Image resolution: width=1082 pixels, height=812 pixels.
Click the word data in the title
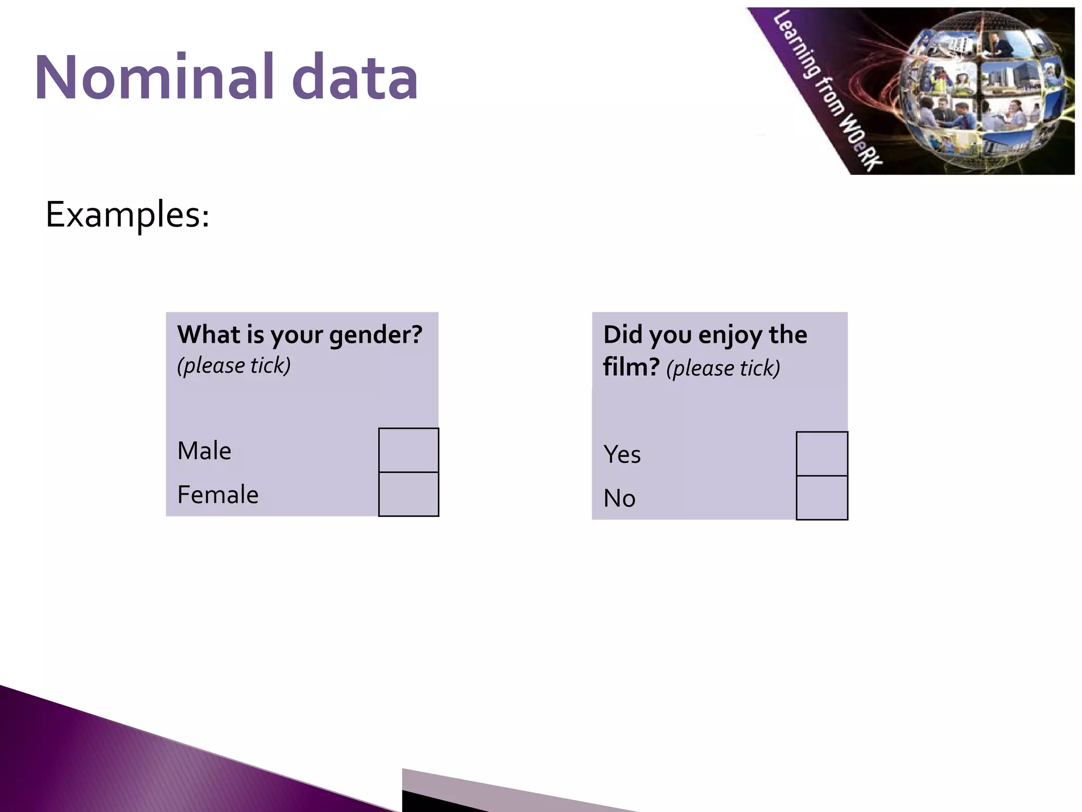[355, 77]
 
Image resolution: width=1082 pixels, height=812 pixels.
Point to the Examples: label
[127, 215]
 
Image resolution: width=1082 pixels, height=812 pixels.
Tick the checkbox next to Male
[408, 450]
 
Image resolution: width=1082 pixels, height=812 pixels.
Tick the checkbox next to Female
[408, 494]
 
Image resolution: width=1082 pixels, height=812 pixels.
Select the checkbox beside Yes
[822, 454]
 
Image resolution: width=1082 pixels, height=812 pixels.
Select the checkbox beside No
[822, 497]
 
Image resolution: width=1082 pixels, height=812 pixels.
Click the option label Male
[204, 451]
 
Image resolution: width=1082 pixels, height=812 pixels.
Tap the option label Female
[218, 495]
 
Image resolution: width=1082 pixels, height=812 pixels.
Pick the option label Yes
[622, 455]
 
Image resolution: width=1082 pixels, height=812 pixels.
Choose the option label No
[619, 499]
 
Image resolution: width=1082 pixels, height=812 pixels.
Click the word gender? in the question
[375, 335]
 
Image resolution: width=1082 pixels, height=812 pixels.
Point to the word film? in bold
[631, 367]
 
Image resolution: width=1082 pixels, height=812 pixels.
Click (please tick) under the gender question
[234, 365]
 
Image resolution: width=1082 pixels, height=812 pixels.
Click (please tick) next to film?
[723, 368]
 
